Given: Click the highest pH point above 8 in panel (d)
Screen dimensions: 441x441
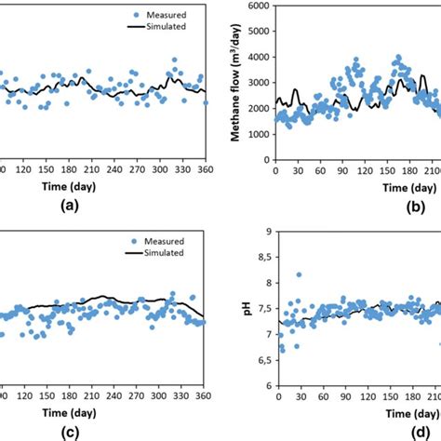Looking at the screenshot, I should click(x=299, y=274).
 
